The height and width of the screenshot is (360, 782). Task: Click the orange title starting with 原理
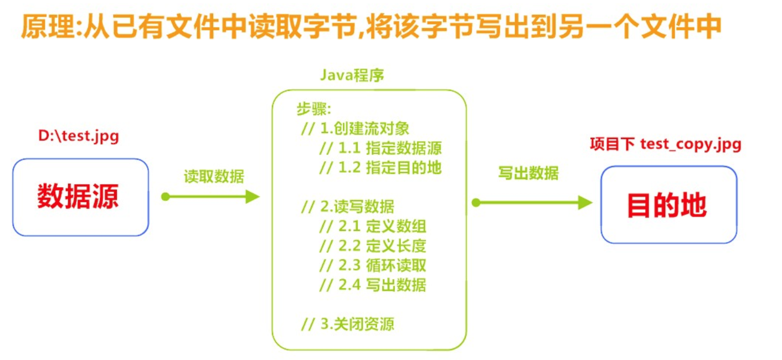pyautogui.click(x=371, y=26)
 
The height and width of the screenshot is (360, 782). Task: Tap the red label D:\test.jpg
pyautogui.click(x=79, y=136)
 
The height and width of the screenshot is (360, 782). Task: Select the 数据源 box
pyautogui.click(x=80, y=197)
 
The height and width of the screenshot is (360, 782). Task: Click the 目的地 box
pyautogui.click(x=668, y=204)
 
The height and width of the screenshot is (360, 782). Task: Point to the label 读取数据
pyautogui.click(x=214, y=176)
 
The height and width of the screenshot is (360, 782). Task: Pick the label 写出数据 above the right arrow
pyautogui.click(x=528, y=173)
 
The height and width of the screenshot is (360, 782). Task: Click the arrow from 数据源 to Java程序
pyautogui.click(x=212, y=197)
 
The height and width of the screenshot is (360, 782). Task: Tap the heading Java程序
pyautogui.click(x=352, y=75)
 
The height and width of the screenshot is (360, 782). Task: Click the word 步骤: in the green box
pyautogui.click(x=313, y=109)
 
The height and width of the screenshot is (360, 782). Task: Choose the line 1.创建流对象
pyautogui.click(x=355, y=128)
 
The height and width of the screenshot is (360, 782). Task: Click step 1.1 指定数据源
pyautogui.click(x=380, y=148)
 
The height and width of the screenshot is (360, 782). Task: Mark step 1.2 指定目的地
pyautogui.click(x=380, y=167)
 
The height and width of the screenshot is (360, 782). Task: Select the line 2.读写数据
pyautogui.click(x=348, y=207)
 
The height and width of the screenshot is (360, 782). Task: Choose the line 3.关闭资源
pyautogui.click(x=348, y=325)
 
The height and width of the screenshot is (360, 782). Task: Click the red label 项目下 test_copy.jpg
pyautogui.click(x=665, y=145)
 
